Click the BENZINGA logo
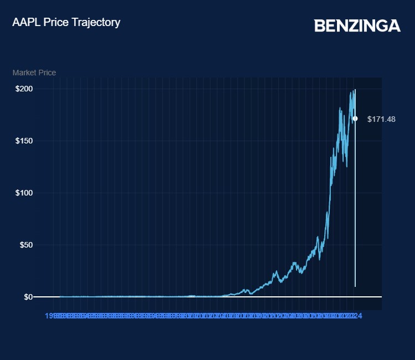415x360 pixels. click(357, 25)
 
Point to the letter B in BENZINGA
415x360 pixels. click(319, 25)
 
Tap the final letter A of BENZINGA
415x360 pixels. click(395, 25)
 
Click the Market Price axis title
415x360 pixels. click(34, 73)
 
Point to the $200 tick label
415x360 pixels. click(24, 89)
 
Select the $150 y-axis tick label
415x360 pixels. click(24, 141)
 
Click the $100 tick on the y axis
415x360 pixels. click(24, 193)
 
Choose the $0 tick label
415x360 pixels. click(28, 297)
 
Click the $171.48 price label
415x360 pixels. click(381, 119)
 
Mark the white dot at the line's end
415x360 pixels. click(355, 119)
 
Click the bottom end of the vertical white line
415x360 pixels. click(355, 286)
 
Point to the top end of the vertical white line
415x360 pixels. click(355, 90)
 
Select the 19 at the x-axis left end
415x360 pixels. click(49, 316)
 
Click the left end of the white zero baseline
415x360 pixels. click(35, 297)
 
